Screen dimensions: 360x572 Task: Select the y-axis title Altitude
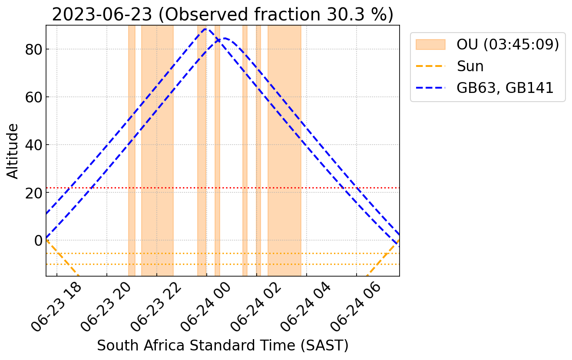[13, 151]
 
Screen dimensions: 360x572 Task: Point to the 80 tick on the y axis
[33, 50]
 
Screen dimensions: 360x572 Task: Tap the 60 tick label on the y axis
[33, 97]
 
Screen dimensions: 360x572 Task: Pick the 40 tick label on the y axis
[33, 145]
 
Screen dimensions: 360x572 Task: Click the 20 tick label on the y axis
[33, 193]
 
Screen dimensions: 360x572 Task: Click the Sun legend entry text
[470, 66]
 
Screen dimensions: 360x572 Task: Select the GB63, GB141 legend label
[505, 88]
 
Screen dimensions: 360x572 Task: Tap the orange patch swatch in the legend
[430, 45]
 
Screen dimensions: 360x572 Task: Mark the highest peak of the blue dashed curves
[206, 29]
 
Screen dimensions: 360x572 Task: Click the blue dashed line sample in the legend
[430, 88]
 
